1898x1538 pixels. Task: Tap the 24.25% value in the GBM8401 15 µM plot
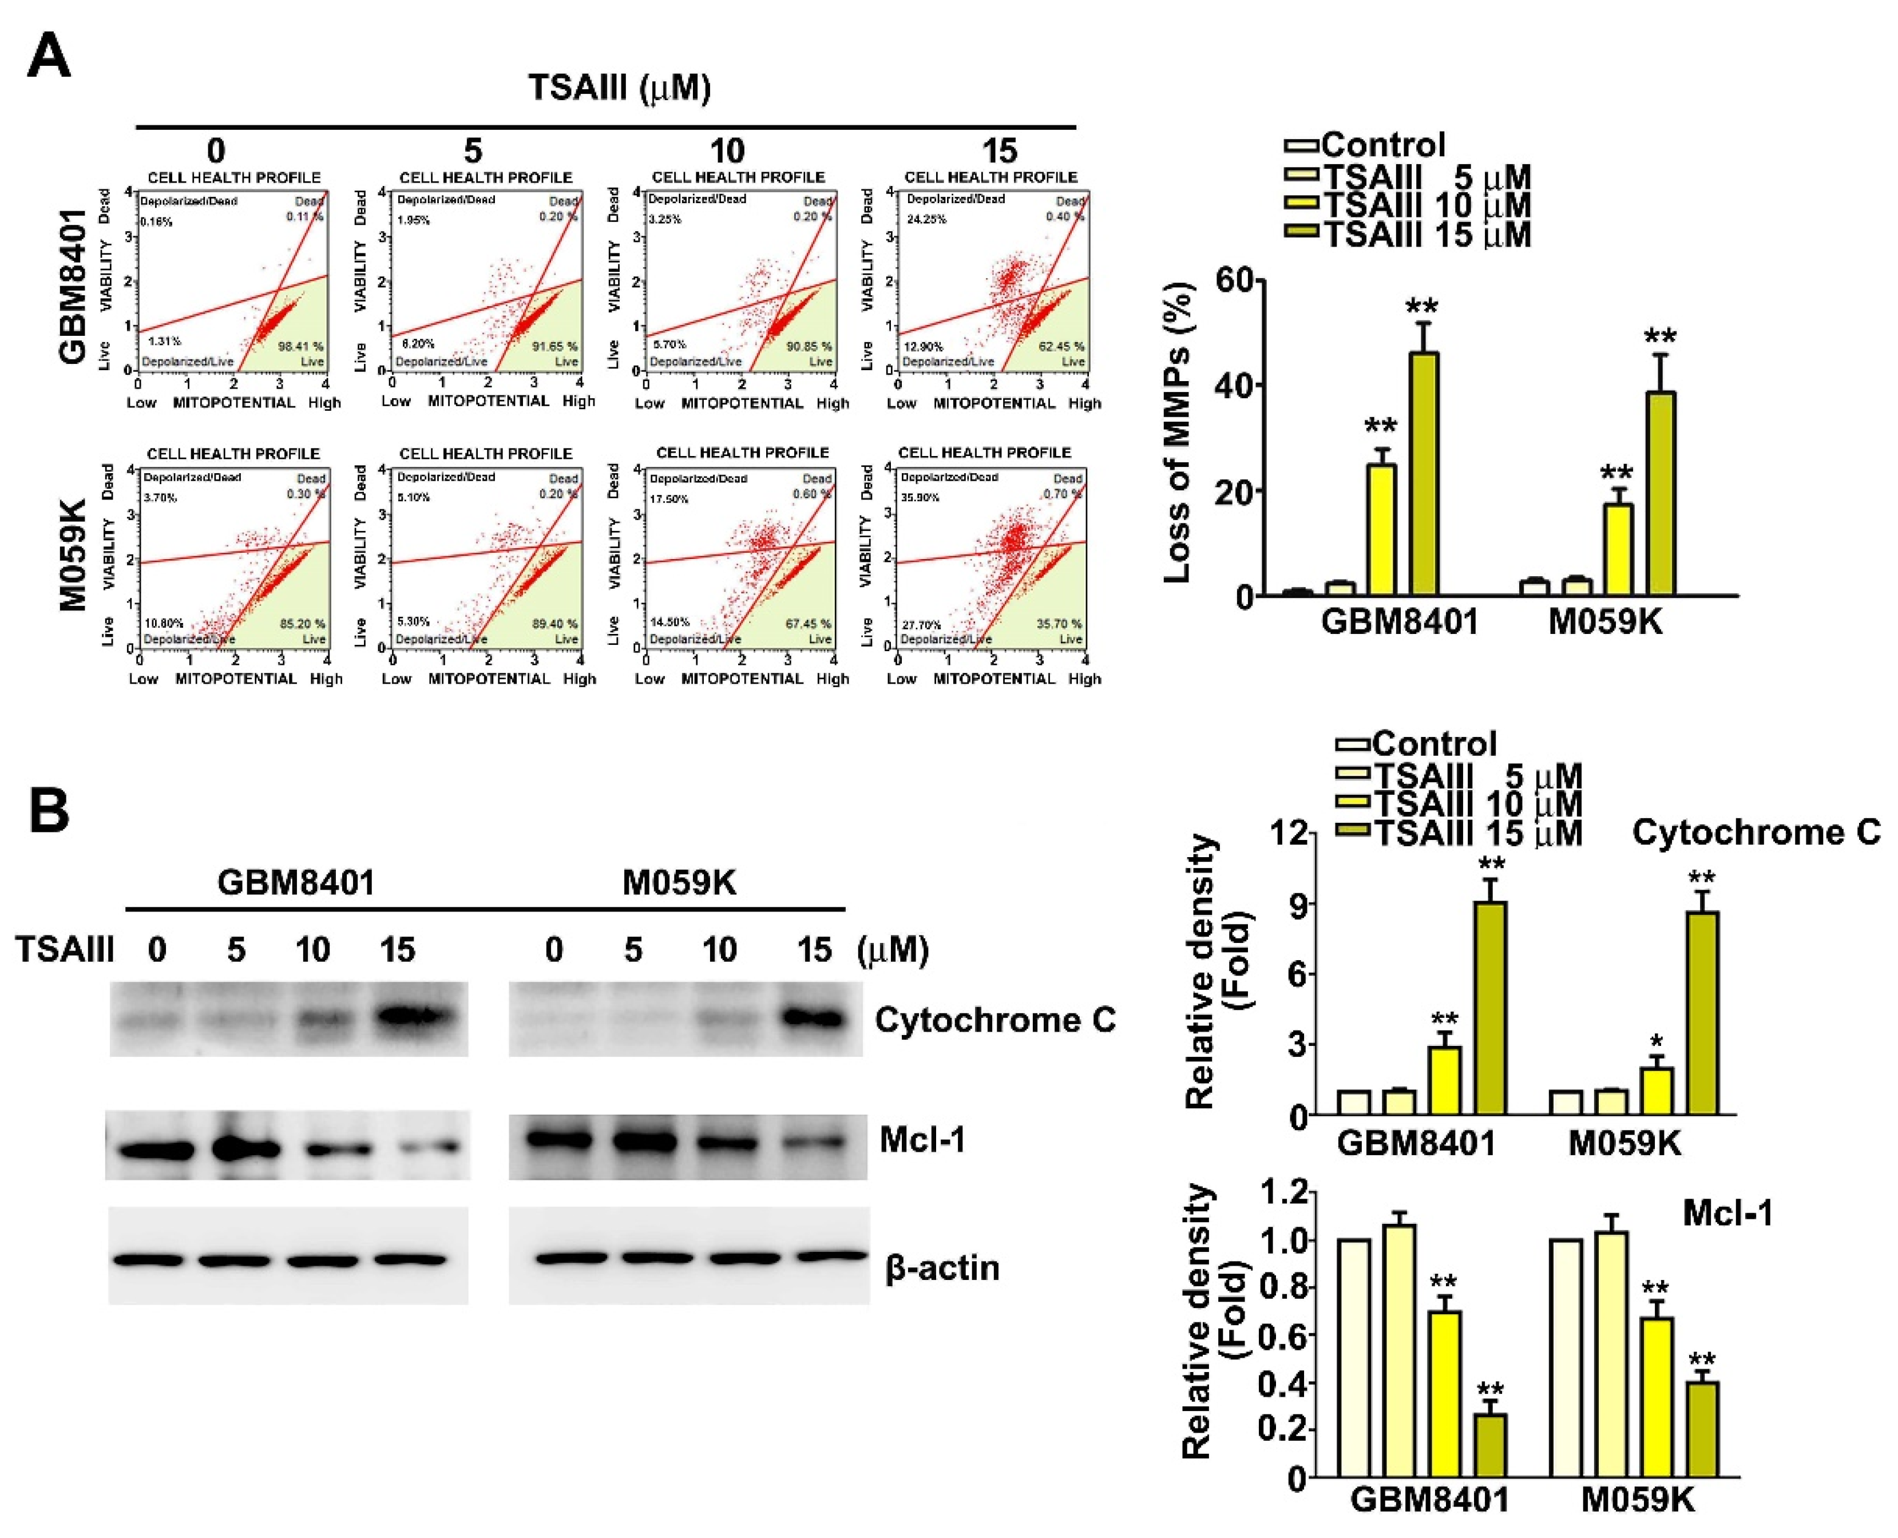(x=927, y=219)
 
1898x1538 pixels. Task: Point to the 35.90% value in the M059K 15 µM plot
(x=921, y=497)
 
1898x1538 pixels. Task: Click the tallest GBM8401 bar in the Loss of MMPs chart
(x=1424, y=474)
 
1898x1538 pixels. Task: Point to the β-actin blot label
(x=942, y=1268)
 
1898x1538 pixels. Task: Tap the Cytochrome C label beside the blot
(x=994, y=1020)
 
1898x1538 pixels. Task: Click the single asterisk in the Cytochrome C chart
(x=1657, y=1041)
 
